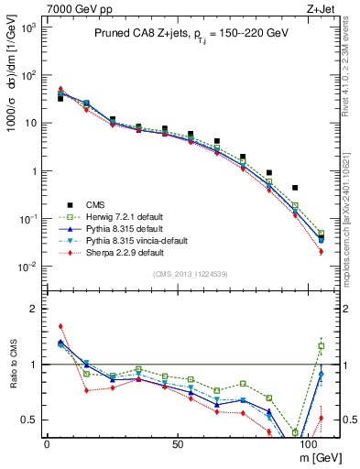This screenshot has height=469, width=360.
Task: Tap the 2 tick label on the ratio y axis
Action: [x=35, y=309]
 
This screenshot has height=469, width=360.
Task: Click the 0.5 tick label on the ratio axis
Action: [x=30, y=420]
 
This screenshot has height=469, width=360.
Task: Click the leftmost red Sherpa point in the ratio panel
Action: [x=60, y=326]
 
